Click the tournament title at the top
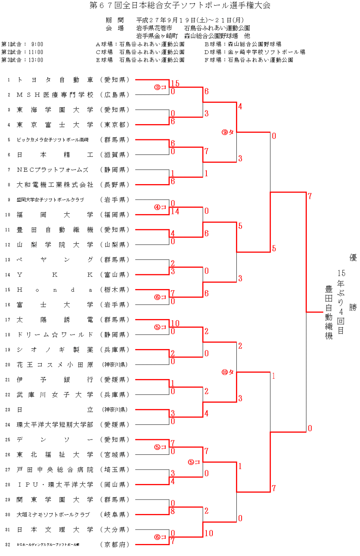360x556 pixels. point(180,6)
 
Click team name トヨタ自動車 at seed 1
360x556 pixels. point(55,80)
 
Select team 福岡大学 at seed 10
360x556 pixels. point(55,215)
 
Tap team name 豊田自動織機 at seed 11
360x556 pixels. point(55,230)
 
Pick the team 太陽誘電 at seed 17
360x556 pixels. point(55,320)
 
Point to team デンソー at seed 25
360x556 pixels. point(55,440)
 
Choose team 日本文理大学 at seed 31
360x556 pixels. point(55,530)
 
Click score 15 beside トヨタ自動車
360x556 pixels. point(175,84)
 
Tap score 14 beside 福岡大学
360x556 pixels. point(175,211)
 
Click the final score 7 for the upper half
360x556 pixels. point(310,196)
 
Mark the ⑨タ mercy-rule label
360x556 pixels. point(228,132)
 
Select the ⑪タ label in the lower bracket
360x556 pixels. point(228,372)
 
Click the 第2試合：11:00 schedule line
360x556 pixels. point(22,52)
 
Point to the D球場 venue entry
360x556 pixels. point(254,52)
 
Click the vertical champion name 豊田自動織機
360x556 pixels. point(329,313)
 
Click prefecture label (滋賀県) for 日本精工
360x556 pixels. point(115,155)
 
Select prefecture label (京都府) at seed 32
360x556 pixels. point(115,544)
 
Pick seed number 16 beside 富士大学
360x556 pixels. point(8,305)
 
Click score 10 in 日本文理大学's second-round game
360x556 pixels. point(209,533)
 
